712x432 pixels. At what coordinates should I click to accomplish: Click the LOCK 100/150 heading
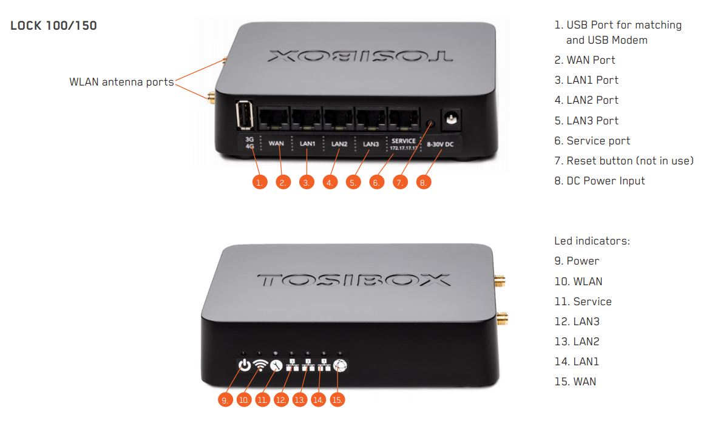(x=53, y=27)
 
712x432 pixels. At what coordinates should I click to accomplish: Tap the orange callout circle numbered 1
(x=260, y=182)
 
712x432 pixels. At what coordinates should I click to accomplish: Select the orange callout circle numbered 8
(x=424, y=182)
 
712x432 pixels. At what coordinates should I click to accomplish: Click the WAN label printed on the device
(x=276, y=144)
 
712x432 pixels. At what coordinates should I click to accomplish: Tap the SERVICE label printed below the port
(x=404, y=141)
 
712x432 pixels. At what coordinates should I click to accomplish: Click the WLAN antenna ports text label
(x=121, y=82)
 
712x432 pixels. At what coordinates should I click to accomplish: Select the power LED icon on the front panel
(x=244, y=366)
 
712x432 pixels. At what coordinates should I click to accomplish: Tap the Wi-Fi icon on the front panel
(x=260, y=366)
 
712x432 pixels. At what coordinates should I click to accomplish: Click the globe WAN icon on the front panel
(x=339, y=366)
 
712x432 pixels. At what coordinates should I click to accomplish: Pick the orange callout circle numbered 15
(x=337, y=400)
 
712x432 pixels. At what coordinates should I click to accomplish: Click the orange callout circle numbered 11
(x=263, y=400)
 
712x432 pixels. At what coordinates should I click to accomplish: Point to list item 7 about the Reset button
(x=623, y=161)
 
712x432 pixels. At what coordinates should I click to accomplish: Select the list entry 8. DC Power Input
(x=600, y=181)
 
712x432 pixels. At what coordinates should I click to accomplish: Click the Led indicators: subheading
(x=592, y=241)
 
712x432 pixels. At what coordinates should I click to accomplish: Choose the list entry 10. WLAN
(x=578, y=282)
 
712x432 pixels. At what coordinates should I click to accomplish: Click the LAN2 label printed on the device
(x=339, y=144)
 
